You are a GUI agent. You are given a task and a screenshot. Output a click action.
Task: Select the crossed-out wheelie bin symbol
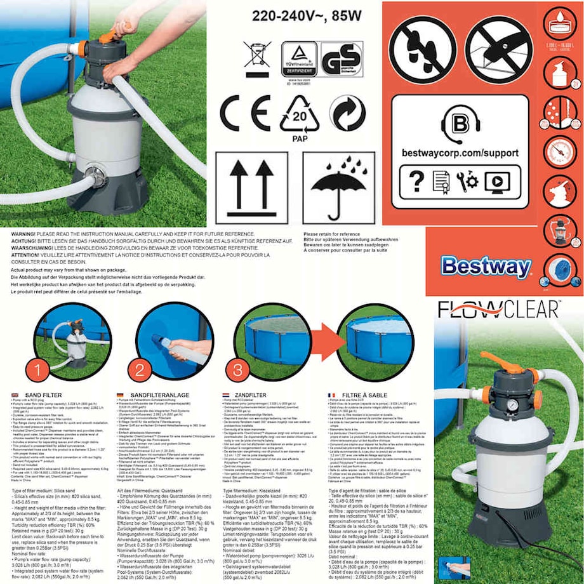[x=256, y=58]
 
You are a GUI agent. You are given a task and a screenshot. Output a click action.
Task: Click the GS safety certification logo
[x=342, y=59]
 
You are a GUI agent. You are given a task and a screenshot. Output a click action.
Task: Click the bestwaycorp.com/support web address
[x=460, y=153]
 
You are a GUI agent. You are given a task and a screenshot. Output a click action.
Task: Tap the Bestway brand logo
[x=486, y=267]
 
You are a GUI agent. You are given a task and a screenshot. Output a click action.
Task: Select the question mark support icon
[x=416, y=182]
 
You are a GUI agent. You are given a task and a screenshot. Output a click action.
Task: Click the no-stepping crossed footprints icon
[x=422, y=48]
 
